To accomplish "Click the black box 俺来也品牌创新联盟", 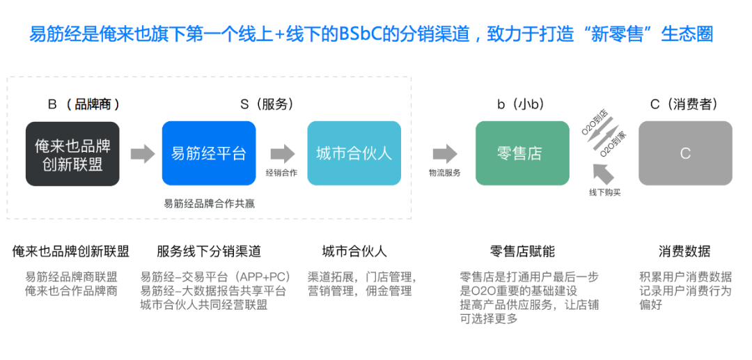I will tap(72, 153).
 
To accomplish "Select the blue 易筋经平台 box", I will tap(209, 153).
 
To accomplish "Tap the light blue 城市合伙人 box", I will tap(354, 153).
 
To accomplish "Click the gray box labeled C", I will tap(685, 153).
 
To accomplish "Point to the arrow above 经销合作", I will tap(282, 153).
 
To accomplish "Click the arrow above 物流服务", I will tap(445, 153).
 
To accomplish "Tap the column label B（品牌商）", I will tap(84, 104).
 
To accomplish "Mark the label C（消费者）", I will tap(684, 104).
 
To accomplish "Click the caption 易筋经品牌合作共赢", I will tap(209, 203).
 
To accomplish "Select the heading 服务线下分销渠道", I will tap(209, 251).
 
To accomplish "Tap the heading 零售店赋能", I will tap(522, 251).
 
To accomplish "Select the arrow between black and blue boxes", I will tap(142, 153).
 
